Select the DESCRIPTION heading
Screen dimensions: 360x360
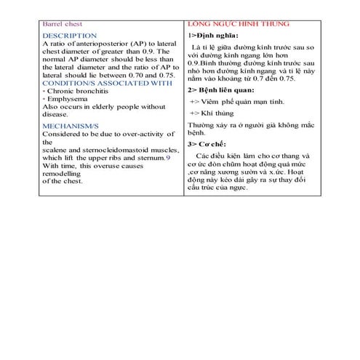tap(69, 35)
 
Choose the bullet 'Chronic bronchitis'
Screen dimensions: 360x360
tap(79, 92)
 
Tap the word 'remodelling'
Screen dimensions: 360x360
tap(67, 173)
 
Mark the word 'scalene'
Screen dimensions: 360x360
tap(57, 149)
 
